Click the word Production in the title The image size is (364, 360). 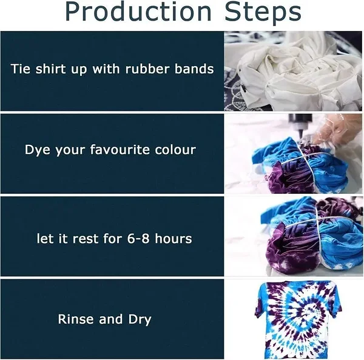138,12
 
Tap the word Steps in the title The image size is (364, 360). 263,13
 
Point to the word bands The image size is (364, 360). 194,68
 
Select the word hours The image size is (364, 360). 174,238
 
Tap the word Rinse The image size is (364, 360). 76,319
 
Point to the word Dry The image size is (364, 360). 140,319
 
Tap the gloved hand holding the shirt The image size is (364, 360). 337,130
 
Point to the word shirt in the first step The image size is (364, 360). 50,68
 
